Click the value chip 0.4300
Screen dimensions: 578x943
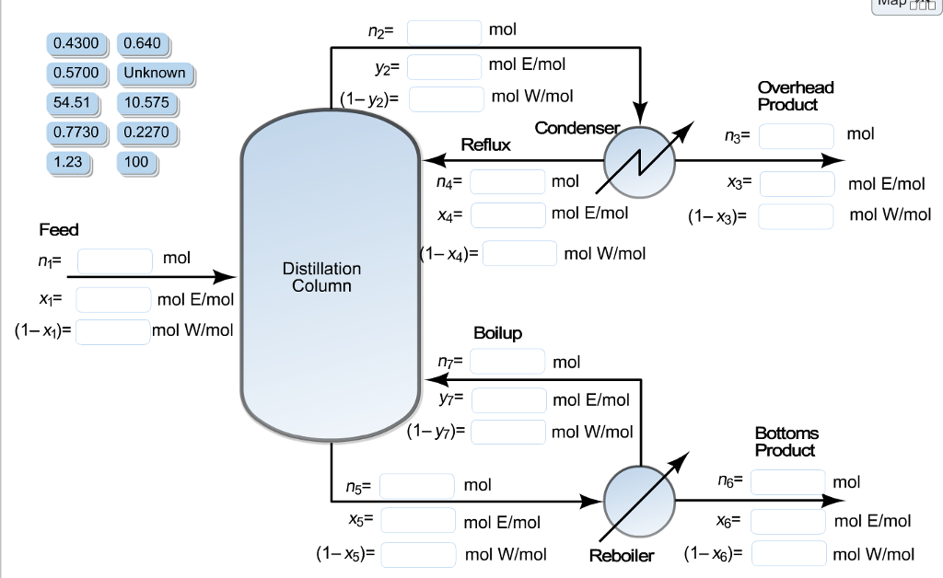point(77,43)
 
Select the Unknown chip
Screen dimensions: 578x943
point(155,73)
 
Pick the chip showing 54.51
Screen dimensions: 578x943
point(77,102)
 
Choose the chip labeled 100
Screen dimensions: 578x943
point(136,162)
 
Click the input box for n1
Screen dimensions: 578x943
point(114,260)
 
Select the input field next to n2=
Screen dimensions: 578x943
point(444,32)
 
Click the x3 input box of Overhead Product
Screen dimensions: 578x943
point(797,183)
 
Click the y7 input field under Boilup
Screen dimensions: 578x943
point(508,400)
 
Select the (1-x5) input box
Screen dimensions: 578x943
point(418,554)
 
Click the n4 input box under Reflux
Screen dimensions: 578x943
point(508,181)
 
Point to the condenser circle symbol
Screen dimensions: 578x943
point(638,162)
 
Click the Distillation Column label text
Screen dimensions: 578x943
point(321,277)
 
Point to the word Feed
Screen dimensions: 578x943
point(59,229)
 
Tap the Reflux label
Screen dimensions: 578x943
point(485,145)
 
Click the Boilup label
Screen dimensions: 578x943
point(497,333)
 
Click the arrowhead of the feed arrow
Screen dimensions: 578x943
point(226,276)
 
